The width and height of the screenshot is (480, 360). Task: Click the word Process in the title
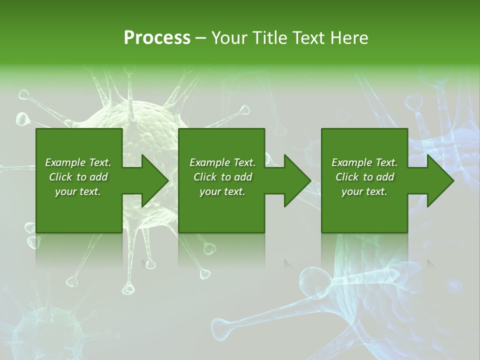pos(157,38)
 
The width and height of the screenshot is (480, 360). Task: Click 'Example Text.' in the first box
pos(78,162)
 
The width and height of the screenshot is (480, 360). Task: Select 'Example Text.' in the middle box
pos(222,162)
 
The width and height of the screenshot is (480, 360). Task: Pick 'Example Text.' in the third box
pos(364,162)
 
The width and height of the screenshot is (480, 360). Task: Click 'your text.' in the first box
pos(78,191)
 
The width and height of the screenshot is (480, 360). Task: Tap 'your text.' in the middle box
pos(222,191)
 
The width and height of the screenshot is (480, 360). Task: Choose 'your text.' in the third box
pos(364,191)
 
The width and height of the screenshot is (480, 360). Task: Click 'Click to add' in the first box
pos(78,177)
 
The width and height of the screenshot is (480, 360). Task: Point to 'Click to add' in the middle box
pos(222,177)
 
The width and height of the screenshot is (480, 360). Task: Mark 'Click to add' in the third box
pos(364,177)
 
